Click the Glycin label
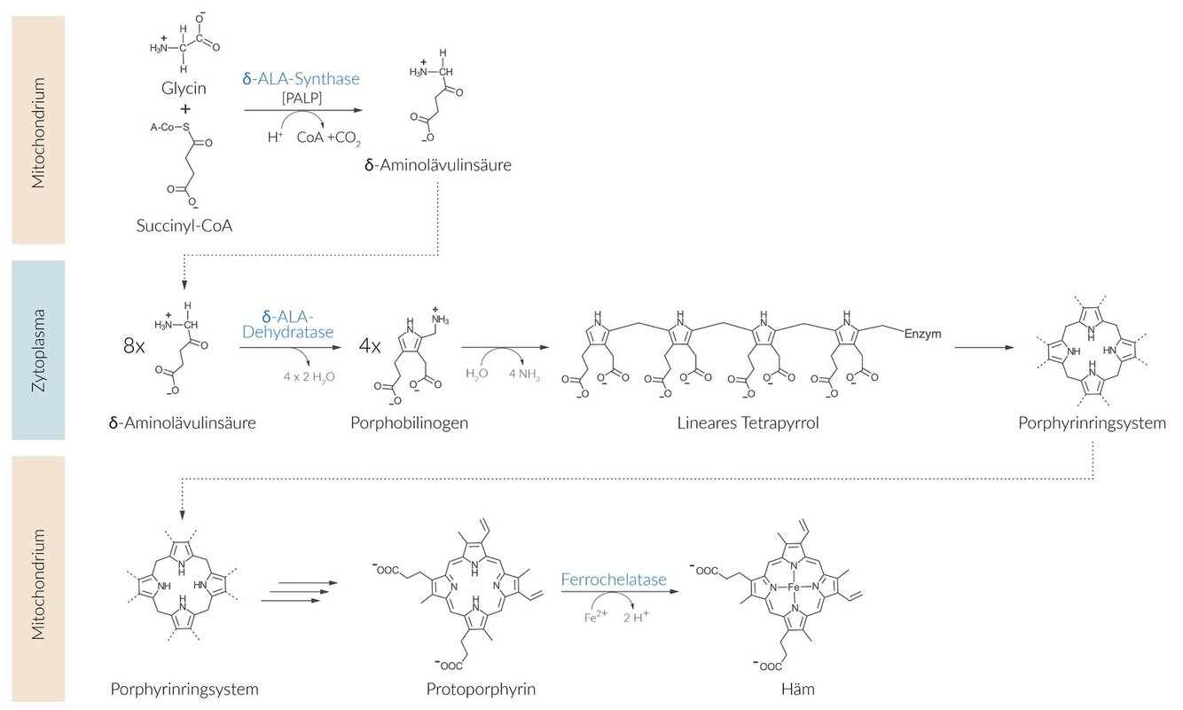click(184, 90)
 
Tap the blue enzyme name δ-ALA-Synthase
click(301, 79)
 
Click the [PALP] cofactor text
click(302, 98)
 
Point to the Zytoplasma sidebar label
click(38, 350)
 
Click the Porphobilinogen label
click(409, 422)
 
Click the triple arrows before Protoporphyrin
click(302, 591)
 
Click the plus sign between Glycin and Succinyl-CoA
click(185, 109)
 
